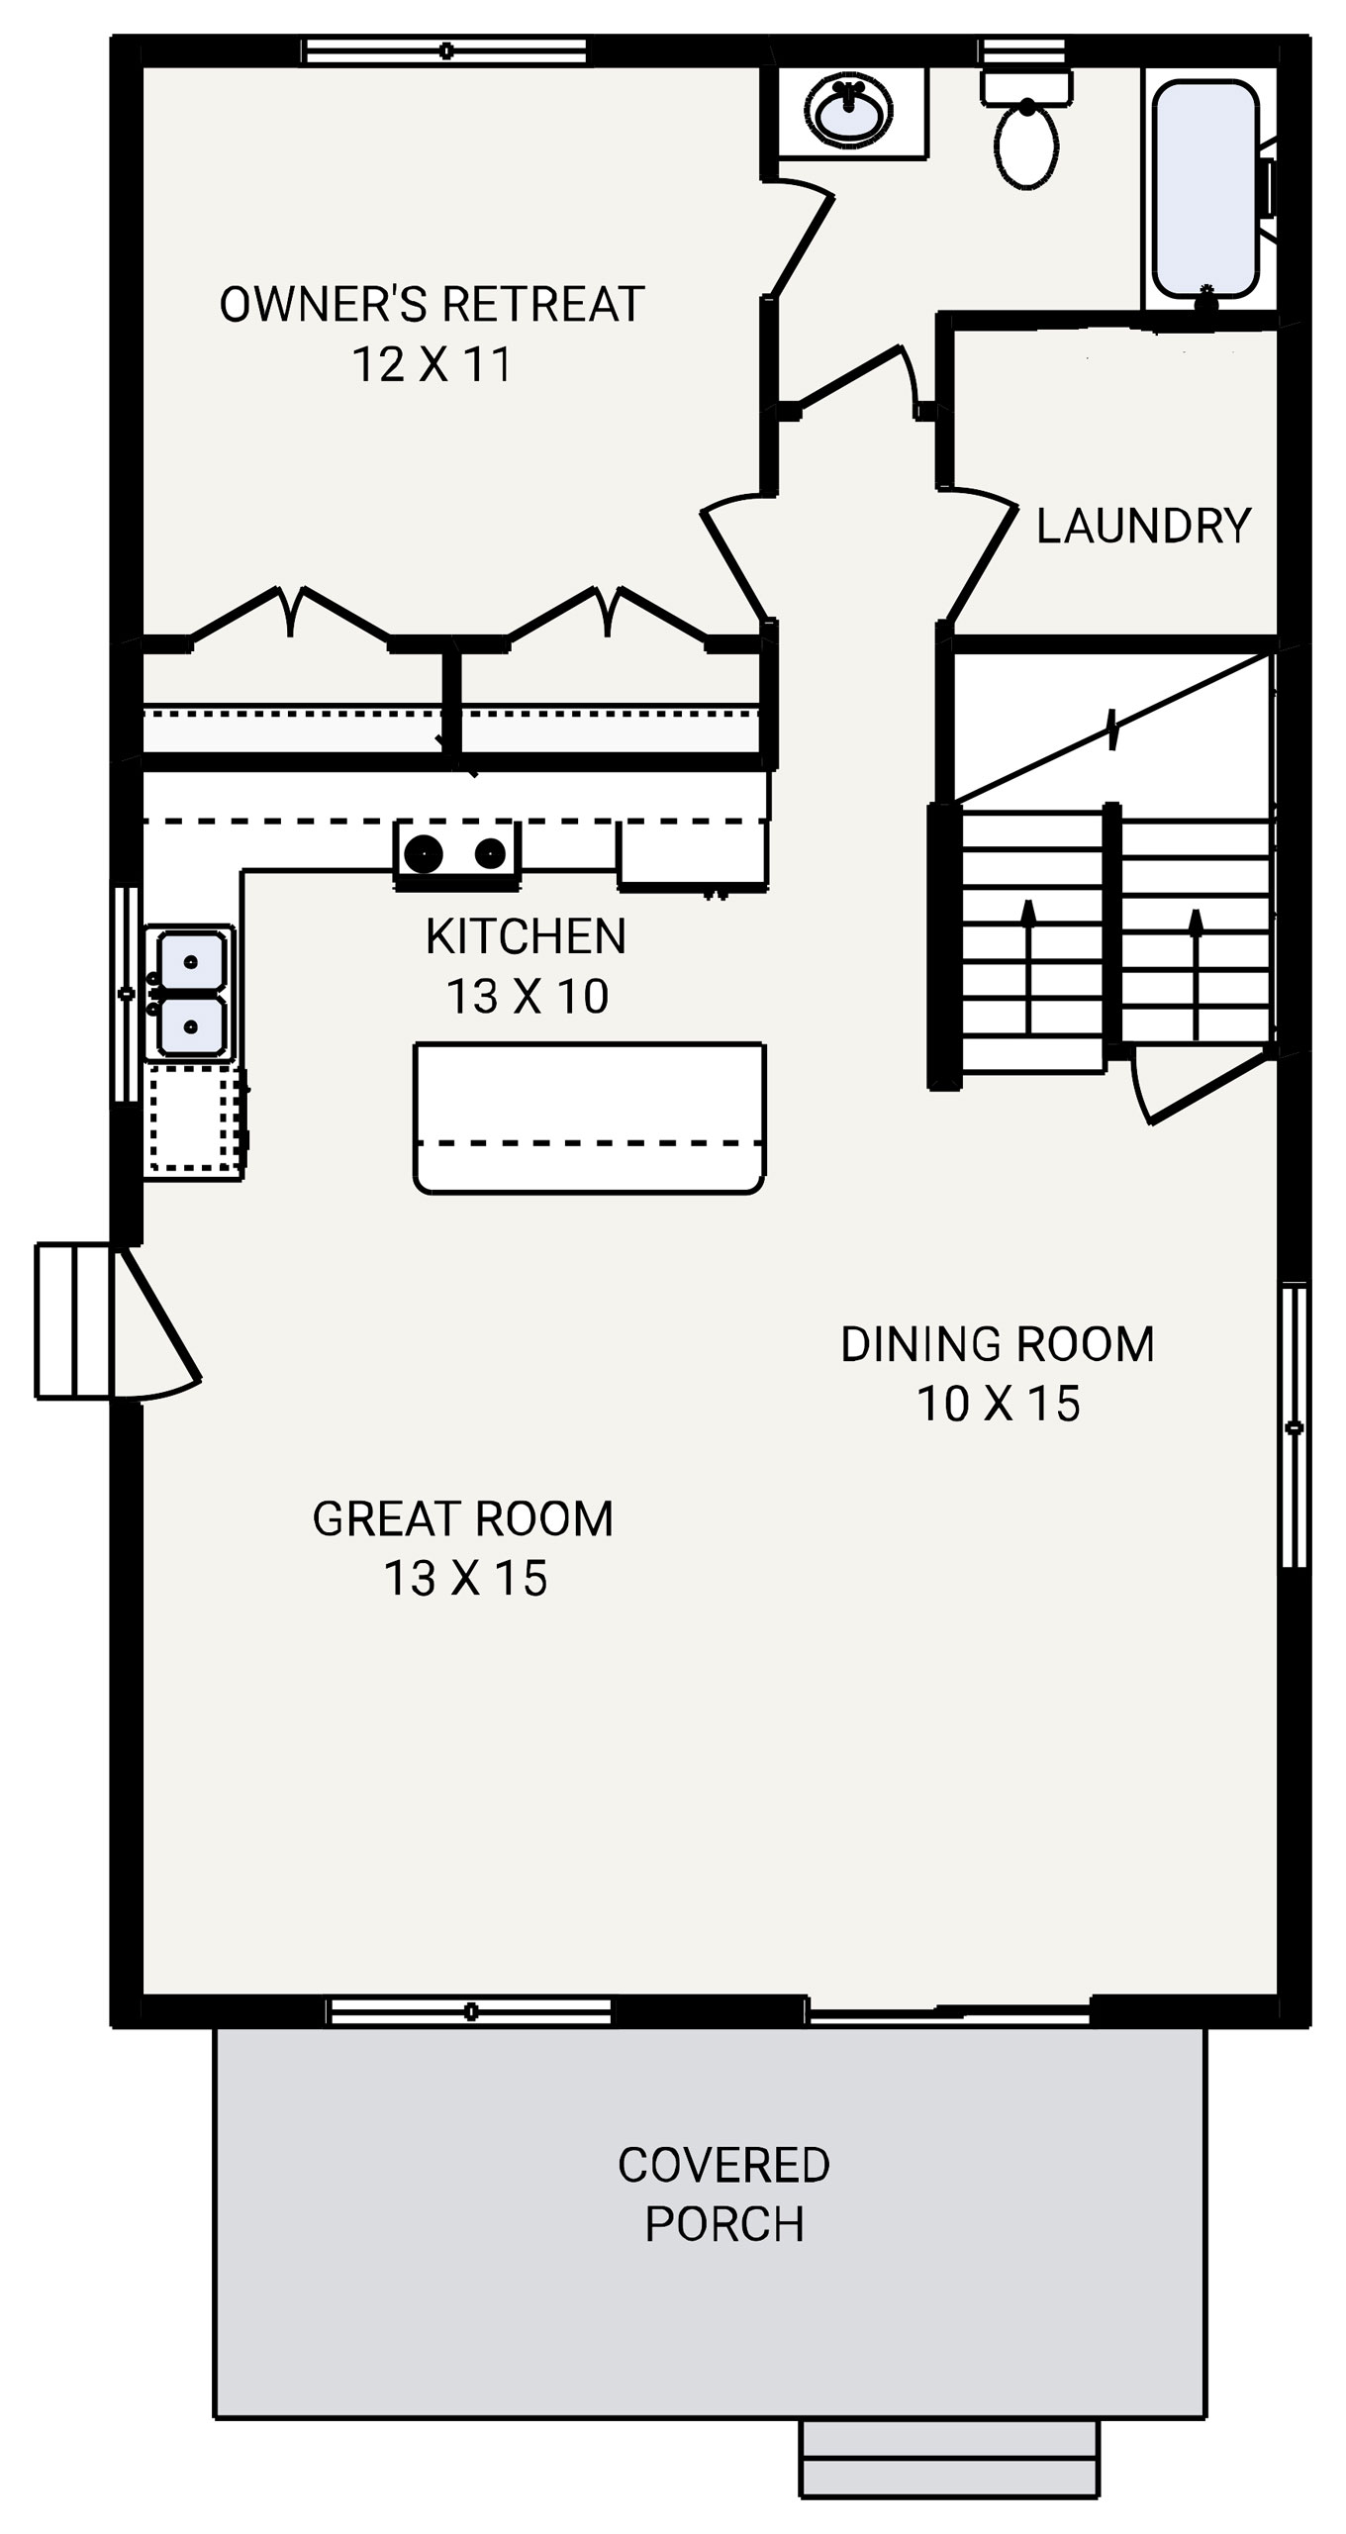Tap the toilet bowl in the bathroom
click(1027, 146)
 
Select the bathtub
click(1205, 188)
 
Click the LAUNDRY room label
click(1143, 526)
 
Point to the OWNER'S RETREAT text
click(432, 305)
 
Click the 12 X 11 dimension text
click(432, 364)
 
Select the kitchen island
click(589, 1118)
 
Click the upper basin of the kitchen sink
click(191, 961)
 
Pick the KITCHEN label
click(526, 936)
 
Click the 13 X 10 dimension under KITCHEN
click(527, 996)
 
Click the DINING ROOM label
click(998, 1344)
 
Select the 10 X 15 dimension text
click(998, 1404)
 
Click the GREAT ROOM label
click(463, 1518)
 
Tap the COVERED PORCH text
click(723, 2193)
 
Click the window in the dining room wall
click(1294, 1425)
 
